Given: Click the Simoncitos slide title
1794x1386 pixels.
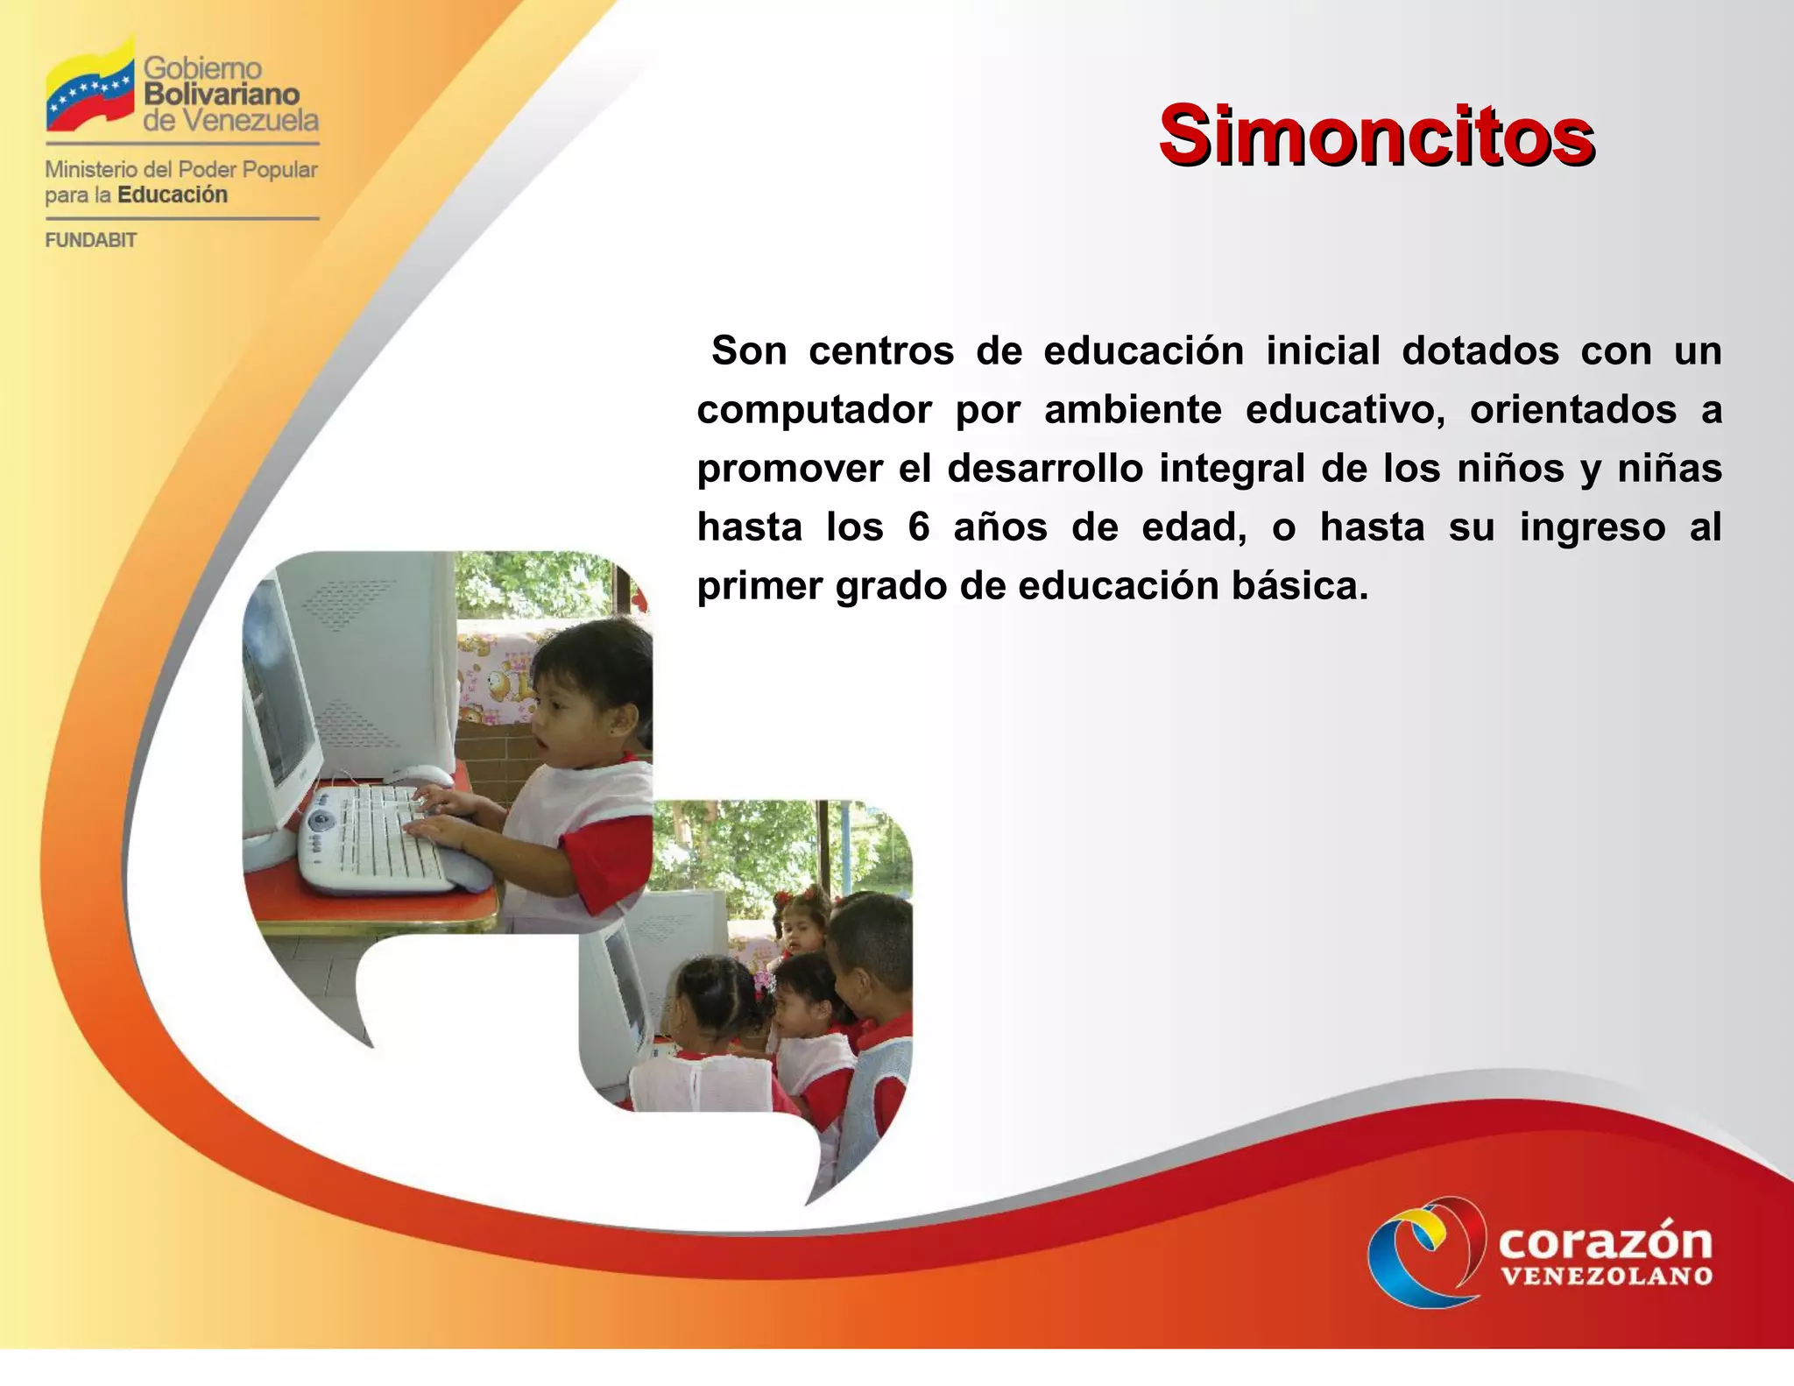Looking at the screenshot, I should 1376,136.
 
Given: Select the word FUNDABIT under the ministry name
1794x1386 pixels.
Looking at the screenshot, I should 91,240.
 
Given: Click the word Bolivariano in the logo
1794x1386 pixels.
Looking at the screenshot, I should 222,94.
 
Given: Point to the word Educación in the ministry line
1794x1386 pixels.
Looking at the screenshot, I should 173,194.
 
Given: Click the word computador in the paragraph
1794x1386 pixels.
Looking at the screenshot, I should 814,411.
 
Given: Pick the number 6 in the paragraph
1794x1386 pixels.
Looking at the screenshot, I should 918,527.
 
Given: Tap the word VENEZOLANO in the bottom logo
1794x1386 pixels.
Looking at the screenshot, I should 1607,1276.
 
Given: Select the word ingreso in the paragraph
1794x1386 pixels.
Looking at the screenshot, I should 1592,527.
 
